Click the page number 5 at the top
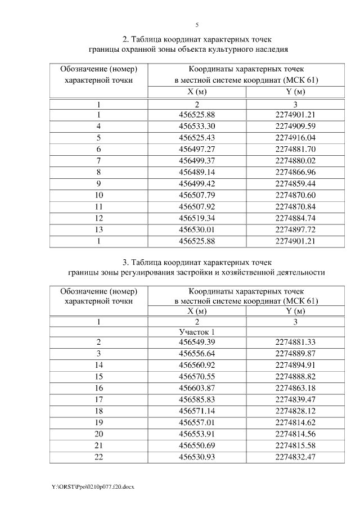click(x=197, y=25)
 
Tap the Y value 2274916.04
click(x=295, y=137)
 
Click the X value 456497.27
click(x=197, y=149)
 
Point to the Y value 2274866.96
click(x=295, y=172)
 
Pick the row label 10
click(x=98, y=195)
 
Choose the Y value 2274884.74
click(x=295, y=218)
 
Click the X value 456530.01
click(x=197, y=229)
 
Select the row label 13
click(x=98, y=229)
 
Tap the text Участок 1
click(x=197, y=332)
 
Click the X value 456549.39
click(x=197, y=342)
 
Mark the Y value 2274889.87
click(x=295, y=354)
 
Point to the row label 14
click(x=98, y=365)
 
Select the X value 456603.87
click(x=197, y=388)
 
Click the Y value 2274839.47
click(x=295, y=400)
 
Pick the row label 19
click(x=98, y=423)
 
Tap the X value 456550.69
click(x=197, y=446)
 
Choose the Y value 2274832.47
click(x=295, y=457)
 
